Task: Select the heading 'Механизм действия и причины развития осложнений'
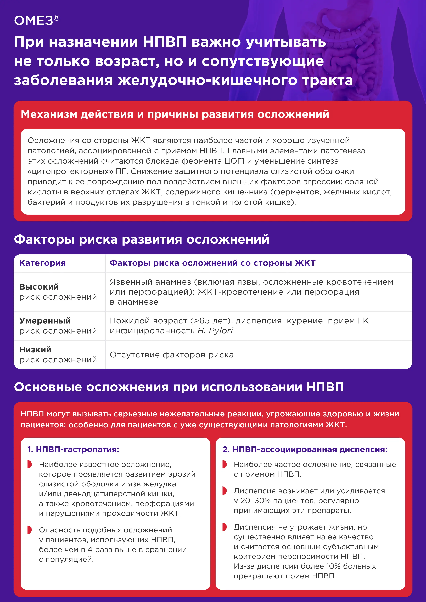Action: [175, 114]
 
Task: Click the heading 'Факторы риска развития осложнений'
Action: [142, 239]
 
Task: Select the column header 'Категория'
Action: [42, 263]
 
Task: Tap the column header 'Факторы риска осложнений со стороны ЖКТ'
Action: [212, 263]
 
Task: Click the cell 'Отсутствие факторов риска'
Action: [172, 355]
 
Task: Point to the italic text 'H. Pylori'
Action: [215, 331]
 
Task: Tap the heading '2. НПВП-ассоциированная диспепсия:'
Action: [305, 449]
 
